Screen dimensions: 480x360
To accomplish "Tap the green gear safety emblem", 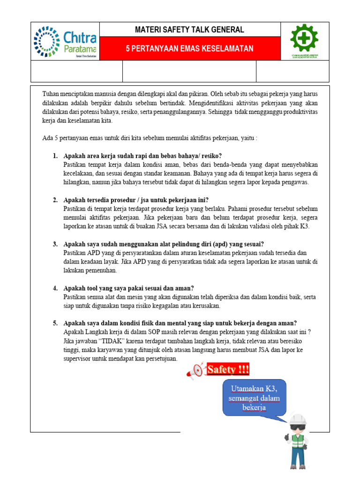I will pos(305,38).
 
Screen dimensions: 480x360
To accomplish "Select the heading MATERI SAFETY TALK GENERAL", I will pos(189,30).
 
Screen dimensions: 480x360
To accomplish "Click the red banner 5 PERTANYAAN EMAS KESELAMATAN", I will pos(189,49).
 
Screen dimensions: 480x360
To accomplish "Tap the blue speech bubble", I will pos(254,398).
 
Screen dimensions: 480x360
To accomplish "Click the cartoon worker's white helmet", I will pos(297,419).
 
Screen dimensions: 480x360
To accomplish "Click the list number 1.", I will pos(55,156).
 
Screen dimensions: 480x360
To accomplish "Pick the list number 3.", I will pos(55,244).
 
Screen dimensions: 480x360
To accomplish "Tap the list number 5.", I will pos(55,323).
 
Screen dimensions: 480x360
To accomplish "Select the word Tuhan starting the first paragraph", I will pos(51,93).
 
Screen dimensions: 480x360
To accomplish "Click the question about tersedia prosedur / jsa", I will pos(136,200).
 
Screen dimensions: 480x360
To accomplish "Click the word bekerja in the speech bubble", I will pos(254,407).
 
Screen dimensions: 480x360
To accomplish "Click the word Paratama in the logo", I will pos(79,49).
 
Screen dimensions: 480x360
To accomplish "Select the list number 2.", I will pos(55,200).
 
